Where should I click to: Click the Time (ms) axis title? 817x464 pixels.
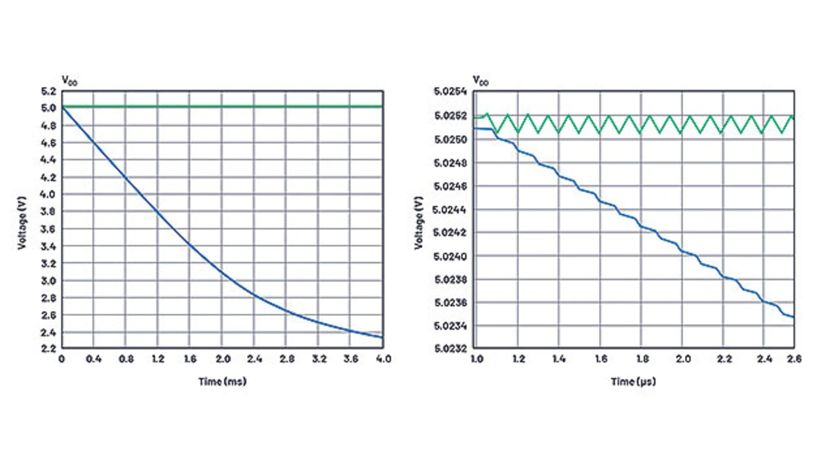222,382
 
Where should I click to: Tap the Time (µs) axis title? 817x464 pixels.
633,382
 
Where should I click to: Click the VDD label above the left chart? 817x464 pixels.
69,80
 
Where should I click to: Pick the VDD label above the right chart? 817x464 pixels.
481,80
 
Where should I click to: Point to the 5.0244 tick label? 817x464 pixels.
454,209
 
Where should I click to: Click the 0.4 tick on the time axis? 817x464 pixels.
93,359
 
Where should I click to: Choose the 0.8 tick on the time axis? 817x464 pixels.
125,359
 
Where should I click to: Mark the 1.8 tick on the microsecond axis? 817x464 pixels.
641,359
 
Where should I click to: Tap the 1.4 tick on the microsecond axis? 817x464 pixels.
558,359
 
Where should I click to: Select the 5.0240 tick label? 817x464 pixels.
454,256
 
